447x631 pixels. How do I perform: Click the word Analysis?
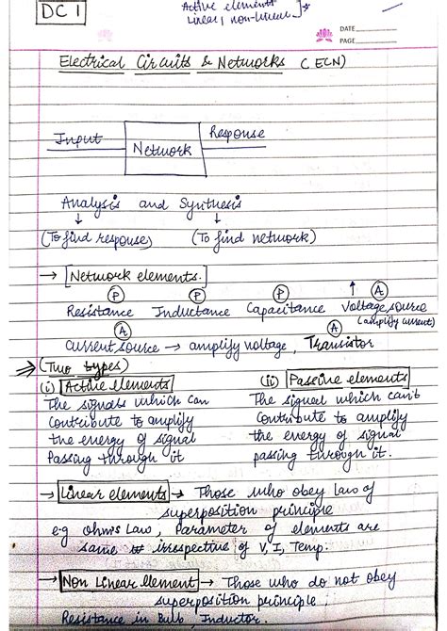(x=93, y=203)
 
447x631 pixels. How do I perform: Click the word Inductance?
(x=192, y=310)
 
